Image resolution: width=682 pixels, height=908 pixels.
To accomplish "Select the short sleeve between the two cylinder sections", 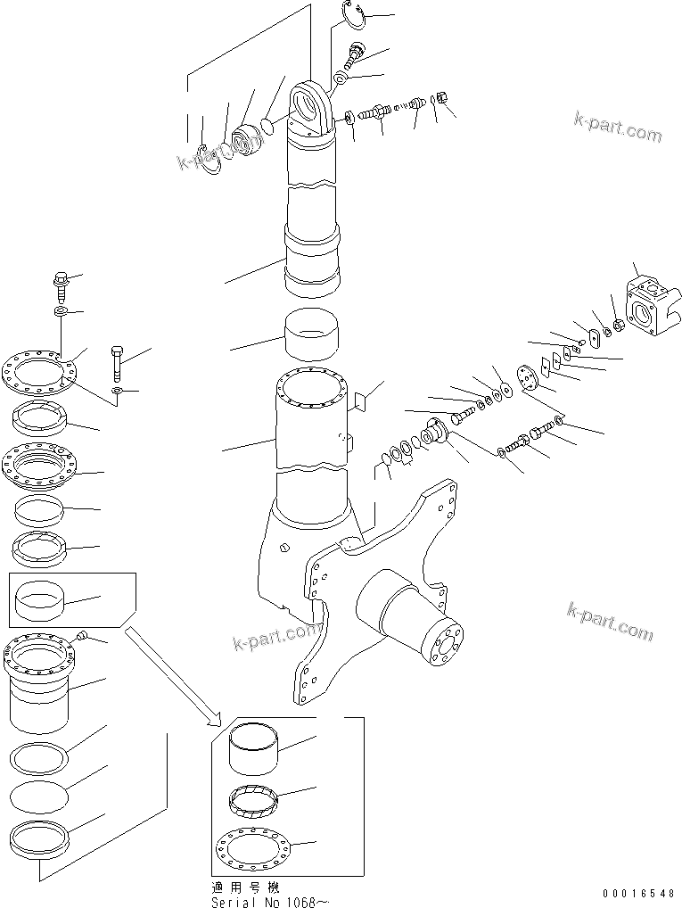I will click(311, 334).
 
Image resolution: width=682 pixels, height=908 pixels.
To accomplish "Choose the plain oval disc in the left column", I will click(38, 794).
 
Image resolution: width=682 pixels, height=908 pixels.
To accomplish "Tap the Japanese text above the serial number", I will click(243, 889).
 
